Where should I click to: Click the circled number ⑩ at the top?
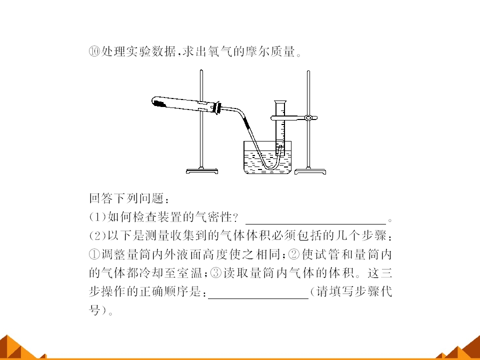point(94,51)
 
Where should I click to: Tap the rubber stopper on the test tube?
point(217,107)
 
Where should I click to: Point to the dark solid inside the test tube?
point(159,102)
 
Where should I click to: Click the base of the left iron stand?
point(202,171)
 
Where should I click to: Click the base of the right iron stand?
point(310,171)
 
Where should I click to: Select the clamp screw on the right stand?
point(308,117)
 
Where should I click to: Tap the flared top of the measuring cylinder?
point(280,102)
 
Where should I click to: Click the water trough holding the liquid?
point(267,157)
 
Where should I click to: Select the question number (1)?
point(97,217)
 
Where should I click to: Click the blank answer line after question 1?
point(315,224)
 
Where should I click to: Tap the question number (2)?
point(97,235)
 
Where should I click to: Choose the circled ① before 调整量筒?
point(94,254)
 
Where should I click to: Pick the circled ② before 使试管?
point(294,254)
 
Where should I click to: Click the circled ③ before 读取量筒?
point(216,273)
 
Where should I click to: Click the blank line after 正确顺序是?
point(258,298)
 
